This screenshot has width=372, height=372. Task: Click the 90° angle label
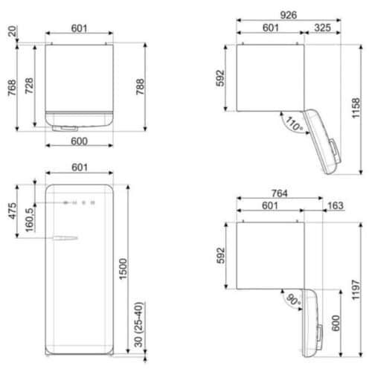pyautogui.click(x=294, y=301)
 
